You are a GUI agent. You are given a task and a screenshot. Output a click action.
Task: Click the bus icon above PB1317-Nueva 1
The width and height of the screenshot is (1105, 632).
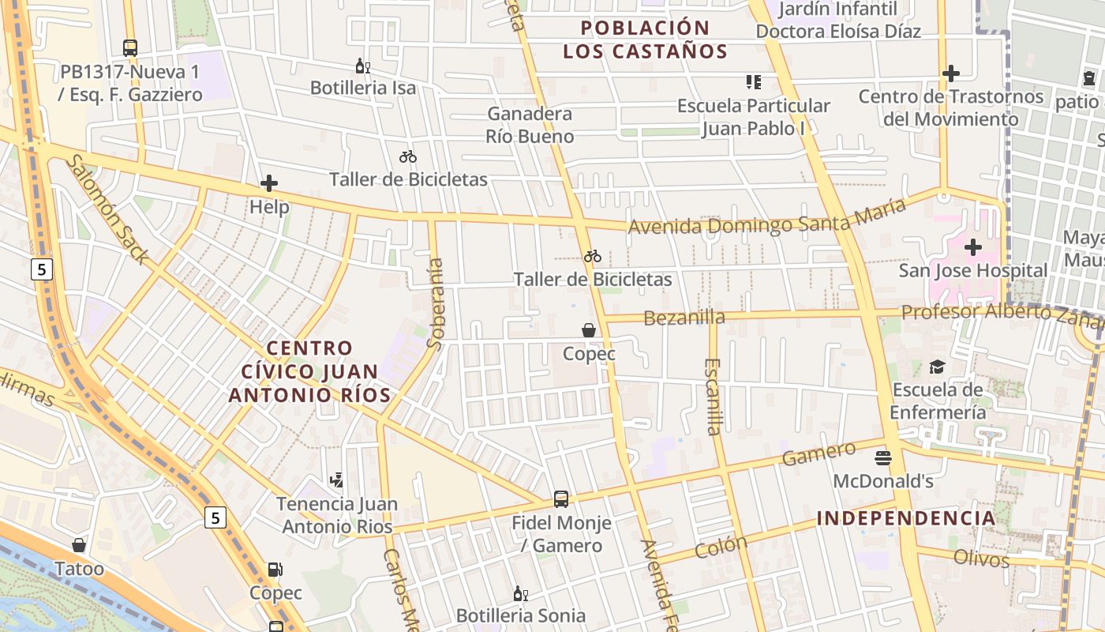point(130,47)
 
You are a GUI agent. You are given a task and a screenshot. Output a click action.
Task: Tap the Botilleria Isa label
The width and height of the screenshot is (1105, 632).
point(363,88)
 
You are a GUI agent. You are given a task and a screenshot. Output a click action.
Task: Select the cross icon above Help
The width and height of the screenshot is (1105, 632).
point(269,184)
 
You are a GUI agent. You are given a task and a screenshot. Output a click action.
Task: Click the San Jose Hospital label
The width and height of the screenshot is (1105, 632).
point(973,270)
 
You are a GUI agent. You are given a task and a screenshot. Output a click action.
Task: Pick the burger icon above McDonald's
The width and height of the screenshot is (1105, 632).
point(883,457)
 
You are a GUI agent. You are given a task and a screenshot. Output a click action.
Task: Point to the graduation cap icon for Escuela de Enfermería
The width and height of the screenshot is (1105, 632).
point(937,367)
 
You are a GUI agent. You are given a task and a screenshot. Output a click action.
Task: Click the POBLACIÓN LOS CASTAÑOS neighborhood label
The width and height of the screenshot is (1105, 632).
point(645,40)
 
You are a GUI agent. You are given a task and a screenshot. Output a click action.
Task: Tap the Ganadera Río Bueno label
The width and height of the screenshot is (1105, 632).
point(530,125)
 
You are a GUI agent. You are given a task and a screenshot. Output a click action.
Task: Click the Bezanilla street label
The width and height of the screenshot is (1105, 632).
point(684,318)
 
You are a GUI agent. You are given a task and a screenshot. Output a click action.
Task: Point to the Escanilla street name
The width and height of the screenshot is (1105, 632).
point(714,397)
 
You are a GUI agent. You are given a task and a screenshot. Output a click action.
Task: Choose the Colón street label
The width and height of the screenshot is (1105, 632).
point(721,547)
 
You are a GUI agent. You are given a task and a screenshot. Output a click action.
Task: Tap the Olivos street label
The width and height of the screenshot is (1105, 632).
point(981,559)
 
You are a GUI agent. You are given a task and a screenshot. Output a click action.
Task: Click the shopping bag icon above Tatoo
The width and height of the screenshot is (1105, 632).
point(79,545)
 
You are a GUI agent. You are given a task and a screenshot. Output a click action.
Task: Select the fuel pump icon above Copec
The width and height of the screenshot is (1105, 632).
point(275,569)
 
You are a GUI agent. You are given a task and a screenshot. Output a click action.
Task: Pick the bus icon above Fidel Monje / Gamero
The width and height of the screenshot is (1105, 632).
point(561,498)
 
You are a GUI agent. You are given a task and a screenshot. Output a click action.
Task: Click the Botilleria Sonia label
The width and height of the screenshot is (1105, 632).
point(521,615)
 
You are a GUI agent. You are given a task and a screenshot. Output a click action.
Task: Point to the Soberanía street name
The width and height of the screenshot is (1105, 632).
point(435,303)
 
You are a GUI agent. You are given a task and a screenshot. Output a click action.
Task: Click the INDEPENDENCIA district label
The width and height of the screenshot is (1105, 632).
point(906,518)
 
